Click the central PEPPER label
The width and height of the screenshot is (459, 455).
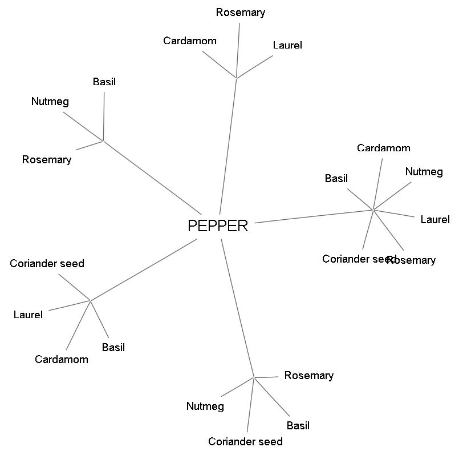coord(218,226)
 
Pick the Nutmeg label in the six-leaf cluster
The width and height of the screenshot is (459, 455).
coord(424,172)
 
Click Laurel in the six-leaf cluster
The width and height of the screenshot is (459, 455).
coord(434,220)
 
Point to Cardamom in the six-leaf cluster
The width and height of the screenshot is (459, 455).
coord(383,148)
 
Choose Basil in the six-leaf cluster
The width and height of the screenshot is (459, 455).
coord(336,179)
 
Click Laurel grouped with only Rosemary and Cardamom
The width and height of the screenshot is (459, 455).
coord(287,45)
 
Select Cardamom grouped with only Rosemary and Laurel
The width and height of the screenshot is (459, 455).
coord(189,41)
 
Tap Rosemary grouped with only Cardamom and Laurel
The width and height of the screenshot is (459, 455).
coord(240,12)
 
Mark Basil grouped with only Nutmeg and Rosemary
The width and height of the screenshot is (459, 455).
coord(104,82)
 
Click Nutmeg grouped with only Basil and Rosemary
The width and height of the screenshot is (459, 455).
coord(50,102)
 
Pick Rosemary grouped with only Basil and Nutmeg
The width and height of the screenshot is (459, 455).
coord(47,160)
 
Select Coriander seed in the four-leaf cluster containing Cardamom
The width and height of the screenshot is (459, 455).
coord(47,263)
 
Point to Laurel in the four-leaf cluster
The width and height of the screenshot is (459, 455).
coord(28,315)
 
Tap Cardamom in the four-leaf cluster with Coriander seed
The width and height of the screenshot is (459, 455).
coord(61,359)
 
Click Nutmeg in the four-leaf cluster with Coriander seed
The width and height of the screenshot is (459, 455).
coord(205,406)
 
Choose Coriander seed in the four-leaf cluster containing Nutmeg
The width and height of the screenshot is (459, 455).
coord(245,441)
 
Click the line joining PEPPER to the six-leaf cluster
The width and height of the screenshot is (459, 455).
coord(314,216)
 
